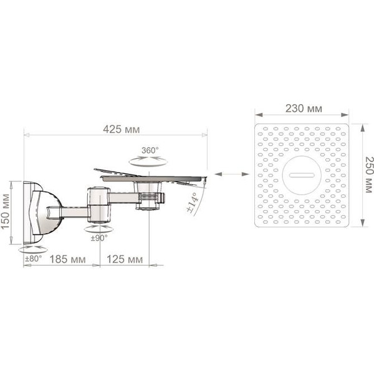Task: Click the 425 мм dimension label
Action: pyautogui.click(x=121, y=130)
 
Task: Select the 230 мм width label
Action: pyautogui.click(x=304, y=108)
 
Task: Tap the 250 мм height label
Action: pyautogui.click(x=368, y=175)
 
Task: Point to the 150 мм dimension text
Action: pyautogui.click(x=5, y=212)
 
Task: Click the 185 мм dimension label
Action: pyautogui.click(x=67, y=259)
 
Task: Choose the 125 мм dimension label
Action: pyautogui.click(x=125, y=259)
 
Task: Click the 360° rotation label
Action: pyautogui.click(x=150, y=150)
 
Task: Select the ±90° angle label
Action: pyautogui.click(x=99, y=238)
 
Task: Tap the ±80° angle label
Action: pyautogui.click(x=34, y=259)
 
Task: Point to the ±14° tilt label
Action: pyautogui.click(x=193, y=203)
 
